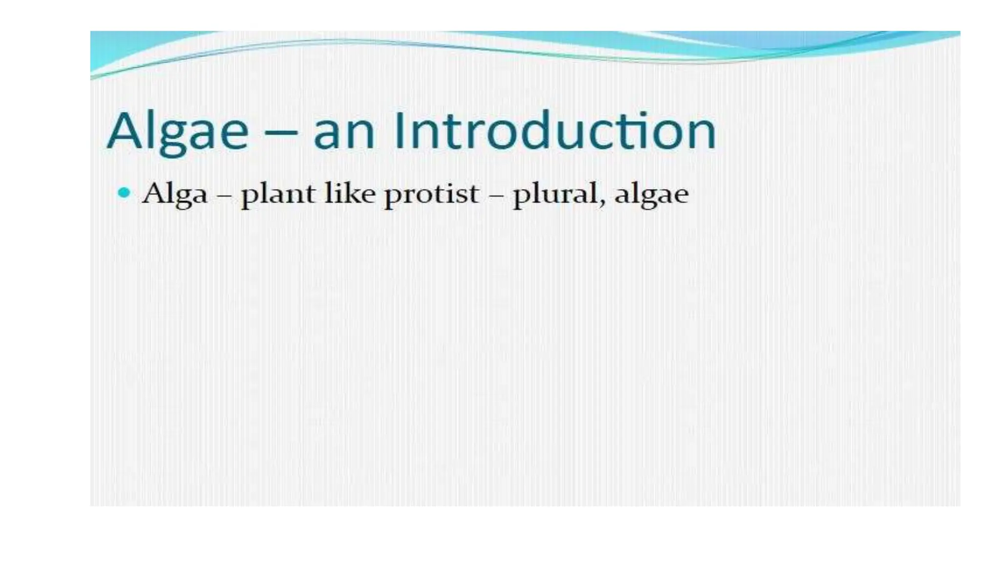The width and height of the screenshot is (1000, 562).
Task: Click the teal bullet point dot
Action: click(x=125, y=193)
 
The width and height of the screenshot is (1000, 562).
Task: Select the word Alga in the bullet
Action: click(x=174, y=194)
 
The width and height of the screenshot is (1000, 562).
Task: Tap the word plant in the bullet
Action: click(x=278, y=194)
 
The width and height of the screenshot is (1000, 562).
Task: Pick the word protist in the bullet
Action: click(x=431, y=194)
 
